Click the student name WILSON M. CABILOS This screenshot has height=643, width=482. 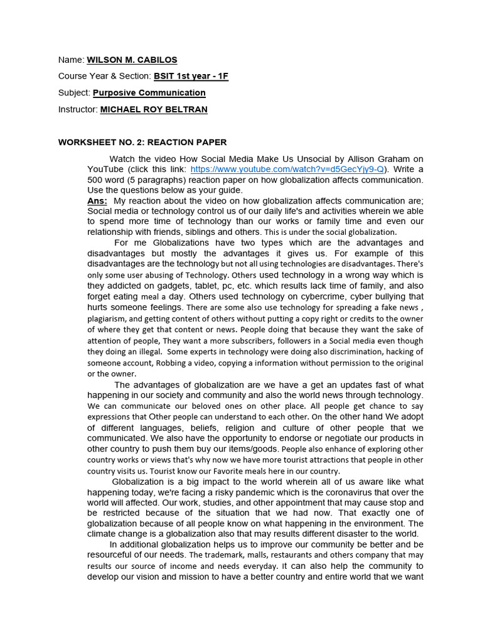click(x=132, y=60)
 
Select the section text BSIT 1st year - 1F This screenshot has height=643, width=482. click(x=191, y=76)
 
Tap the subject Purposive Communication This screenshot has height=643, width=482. click(x=149, y=92)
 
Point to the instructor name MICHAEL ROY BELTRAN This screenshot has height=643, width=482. click(x=154, y=109)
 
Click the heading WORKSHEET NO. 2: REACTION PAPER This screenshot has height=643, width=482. click(x=142, y=143)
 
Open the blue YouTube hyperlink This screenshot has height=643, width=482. click(x=287, y=170)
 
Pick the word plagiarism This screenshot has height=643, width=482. click(x=109, y=318)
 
